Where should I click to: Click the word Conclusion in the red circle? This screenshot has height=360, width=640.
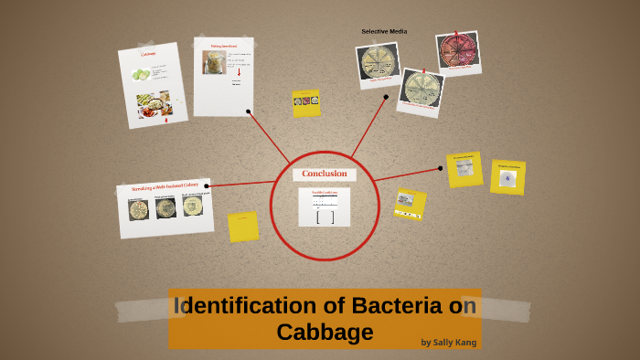pos(325,174)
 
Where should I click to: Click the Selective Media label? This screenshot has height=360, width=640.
pos(384,32)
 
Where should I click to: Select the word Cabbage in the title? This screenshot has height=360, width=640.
pos(325,332)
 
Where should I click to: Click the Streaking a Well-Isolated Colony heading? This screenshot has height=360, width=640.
pos(165,188)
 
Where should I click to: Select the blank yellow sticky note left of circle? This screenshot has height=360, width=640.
pos(243,227)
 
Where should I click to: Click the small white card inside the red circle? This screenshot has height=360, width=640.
pos(324,206)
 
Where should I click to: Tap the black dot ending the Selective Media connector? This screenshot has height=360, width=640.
pos(386,96)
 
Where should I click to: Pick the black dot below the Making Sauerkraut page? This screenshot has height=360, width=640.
pos(249,111)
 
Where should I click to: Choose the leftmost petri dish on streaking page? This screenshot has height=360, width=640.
pos(139,210)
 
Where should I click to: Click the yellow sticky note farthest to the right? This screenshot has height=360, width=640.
pos(507,177)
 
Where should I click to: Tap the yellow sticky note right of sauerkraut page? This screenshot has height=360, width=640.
pos(305,102)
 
